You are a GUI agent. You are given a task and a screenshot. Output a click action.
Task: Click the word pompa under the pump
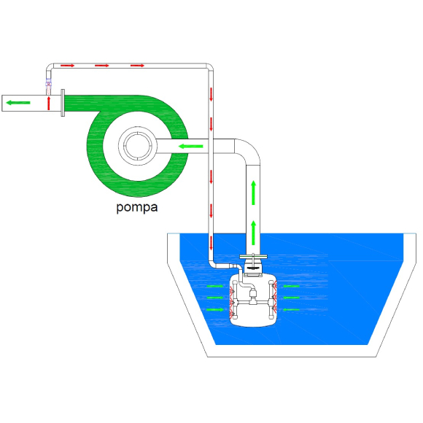[137, 207]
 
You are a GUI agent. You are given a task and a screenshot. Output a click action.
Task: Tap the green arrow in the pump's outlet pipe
[18, 103]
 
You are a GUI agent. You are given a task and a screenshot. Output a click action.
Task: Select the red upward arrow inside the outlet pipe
[49, 104]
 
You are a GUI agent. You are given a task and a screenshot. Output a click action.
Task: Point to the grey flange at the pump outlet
[63, 103]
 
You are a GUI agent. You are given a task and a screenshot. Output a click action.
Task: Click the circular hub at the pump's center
[138, 146]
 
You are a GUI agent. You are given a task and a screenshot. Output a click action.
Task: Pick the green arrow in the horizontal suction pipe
[191, 146]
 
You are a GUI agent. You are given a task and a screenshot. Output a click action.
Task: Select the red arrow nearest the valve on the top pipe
[67, 66]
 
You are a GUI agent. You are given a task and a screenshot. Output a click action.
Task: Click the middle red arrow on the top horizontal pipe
[101, 66]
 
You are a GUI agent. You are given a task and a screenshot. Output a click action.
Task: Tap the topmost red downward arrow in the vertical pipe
[211, 94]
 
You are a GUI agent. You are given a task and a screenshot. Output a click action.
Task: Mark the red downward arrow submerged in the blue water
[211, 243]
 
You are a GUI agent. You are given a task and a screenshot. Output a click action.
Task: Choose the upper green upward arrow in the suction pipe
[253, 193]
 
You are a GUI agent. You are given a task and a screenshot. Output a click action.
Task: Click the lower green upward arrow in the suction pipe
[253, 233]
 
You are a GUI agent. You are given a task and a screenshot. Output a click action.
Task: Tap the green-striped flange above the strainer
[253, 256]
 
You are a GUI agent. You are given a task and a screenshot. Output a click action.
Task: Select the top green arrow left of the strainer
[215, 286]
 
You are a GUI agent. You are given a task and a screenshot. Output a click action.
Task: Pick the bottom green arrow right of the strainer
[291, 309]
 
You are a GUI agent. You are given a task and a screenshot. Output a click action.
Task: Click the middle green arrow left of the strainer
[215, 298]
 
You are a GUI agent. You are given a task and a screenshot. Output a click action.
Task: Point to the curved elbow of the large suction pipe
[249, 150]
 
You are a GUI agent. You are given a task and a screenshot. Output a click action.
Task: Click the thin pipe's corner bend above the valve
[50, 66]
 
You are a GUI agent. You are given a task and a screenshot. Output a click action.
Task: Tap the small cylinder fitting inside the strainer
[253, 293]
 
